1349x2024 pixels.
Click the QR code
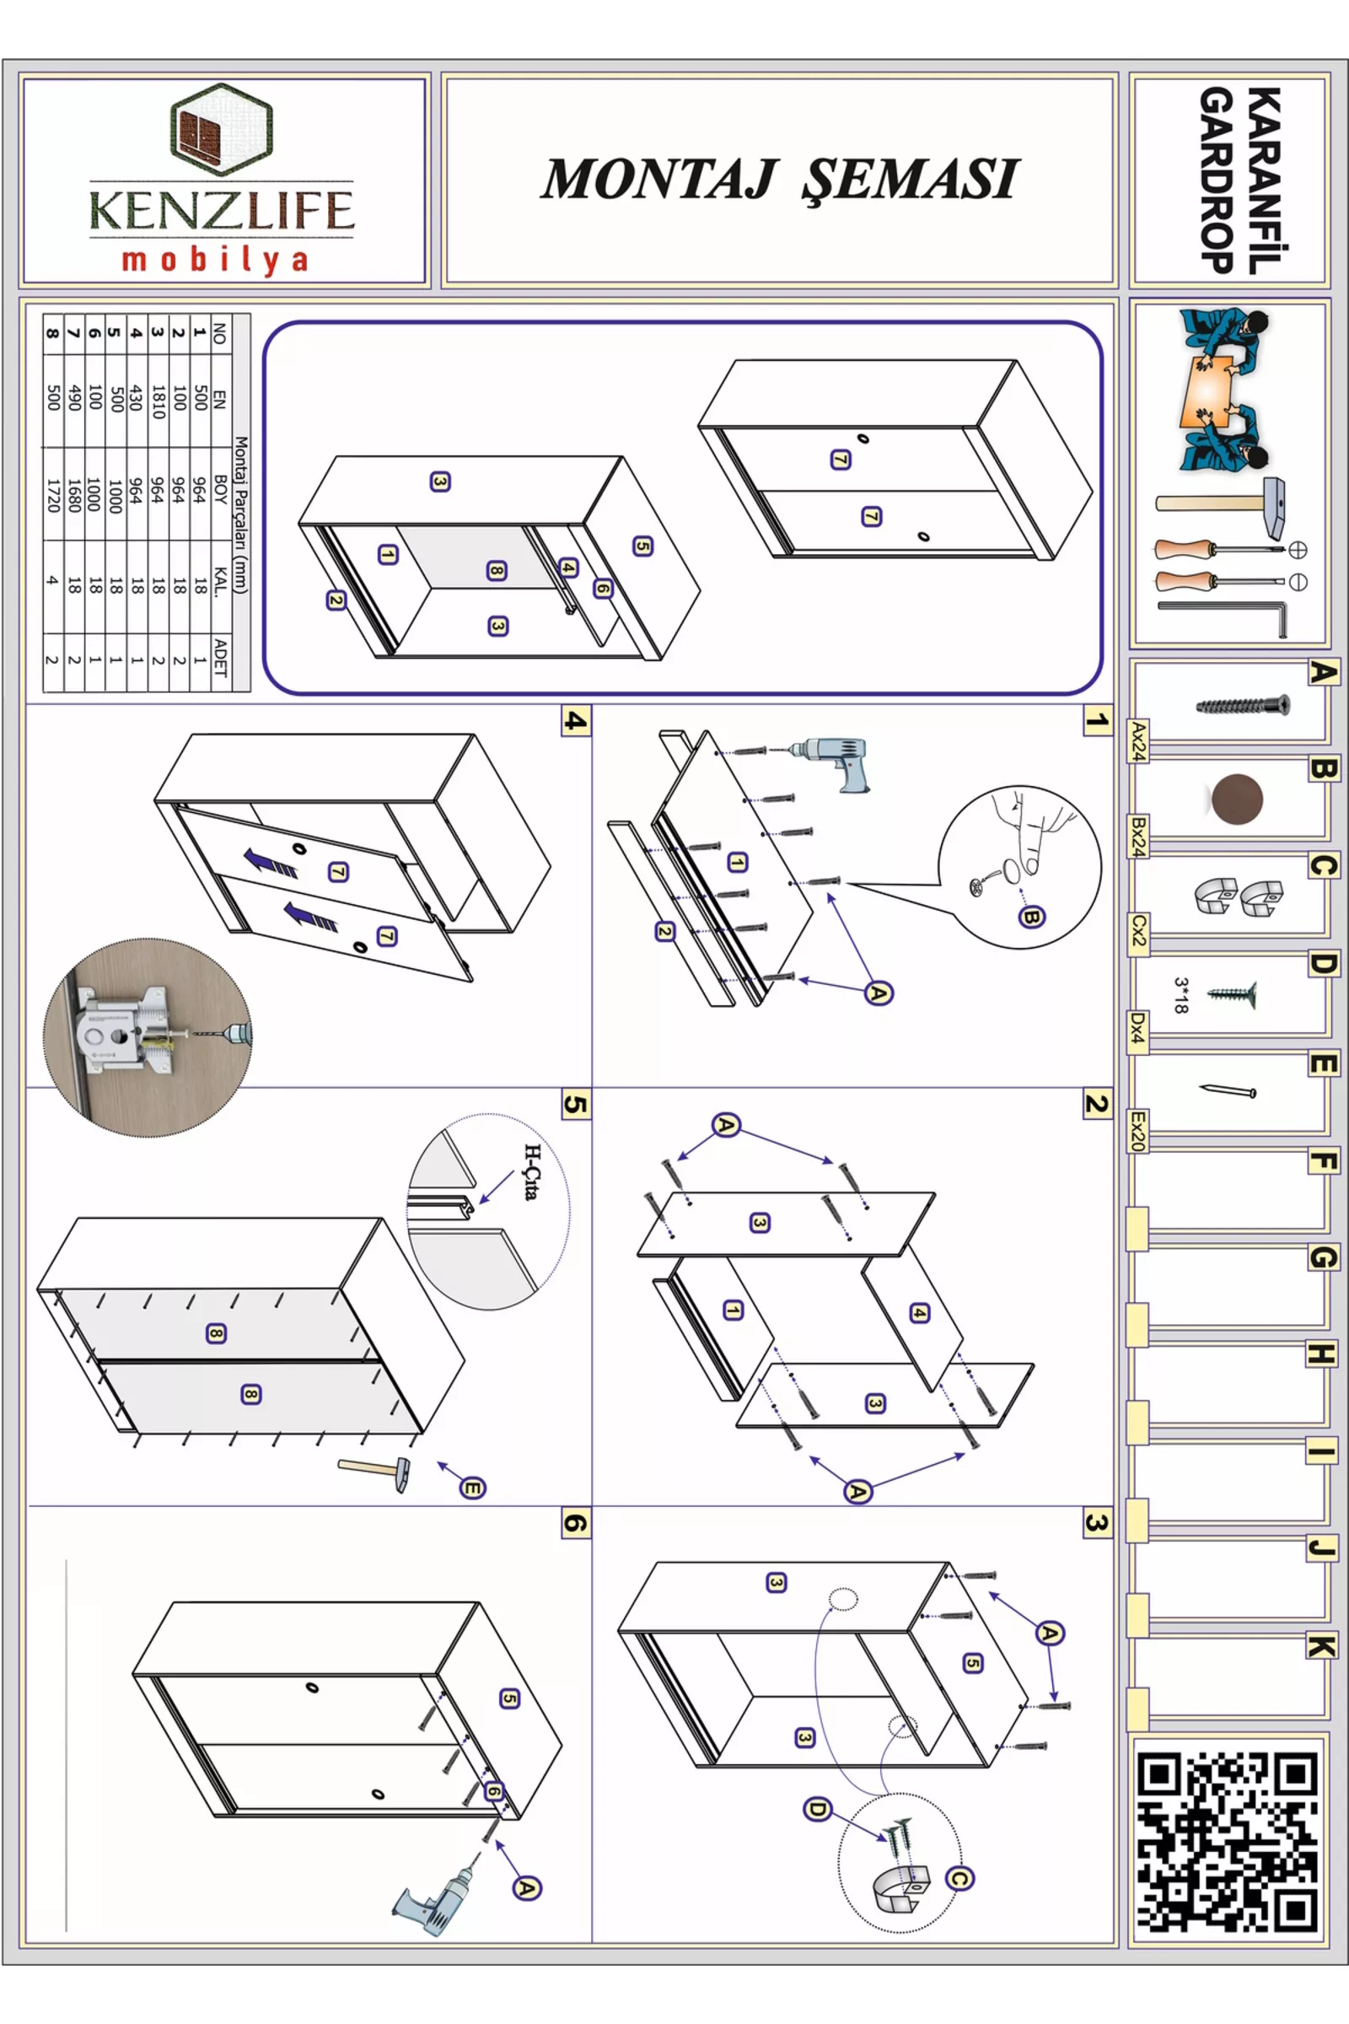click(x=1228, y=1844)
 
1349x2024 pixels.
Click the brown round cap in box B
click(x=1236, y=798)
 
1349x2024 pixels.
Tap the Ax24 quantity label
click(x=1138, y=741)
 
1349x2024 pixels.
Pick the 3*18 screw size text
click(x=1181, y=995)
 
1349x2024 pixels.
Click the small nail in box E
click(x=1228, y=1090)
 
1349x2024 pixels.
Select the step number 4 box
click(x=575, y=721)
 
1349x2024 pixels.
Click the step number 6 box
click(x=575, y=1524)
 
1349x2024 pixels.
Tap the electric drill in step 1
click(x=830, y=762)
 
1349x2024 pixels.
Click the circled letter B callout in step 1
click(x=1031, y=918)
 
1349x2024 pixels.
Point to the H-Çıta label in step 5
click(x=533, y=1172)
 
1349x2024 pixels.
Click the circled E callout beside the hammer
click(x=472, y=1488)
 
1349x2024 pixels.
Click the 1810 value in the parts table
click(x=158, y=401)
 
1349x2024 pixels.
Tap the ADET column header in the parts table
click(x=220, y=658)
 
